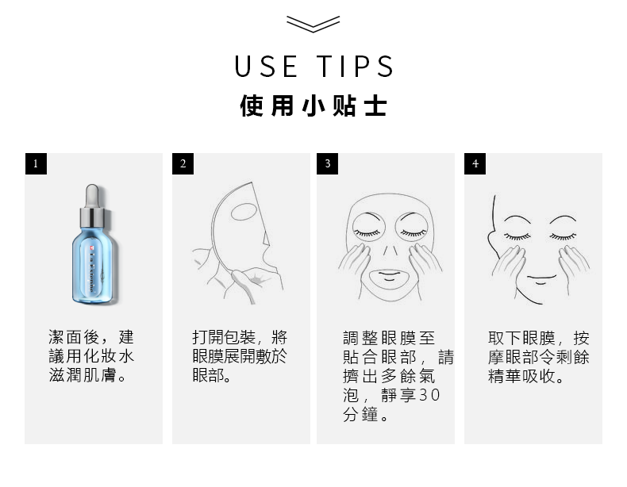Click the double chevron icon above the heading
(313, 24)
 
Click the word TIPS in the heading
(356, 67)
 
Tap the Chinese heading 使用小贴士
(313, 106)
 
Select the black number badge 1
(36, 164)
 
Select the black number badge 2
(183, 164)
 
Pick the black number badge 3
(327, 164)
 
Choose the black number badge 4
(475, 164)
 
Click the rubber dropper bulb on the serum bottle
(92, 195)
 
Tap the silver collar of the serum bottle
(92, 218)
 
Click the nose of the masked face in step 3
(390, 251)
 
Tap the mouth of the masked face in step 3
(389, 276)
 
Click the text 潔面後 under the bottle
(74, 337)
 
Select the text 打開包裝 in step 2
(224, 337)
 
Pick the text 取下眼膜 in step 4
(521, 338)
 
